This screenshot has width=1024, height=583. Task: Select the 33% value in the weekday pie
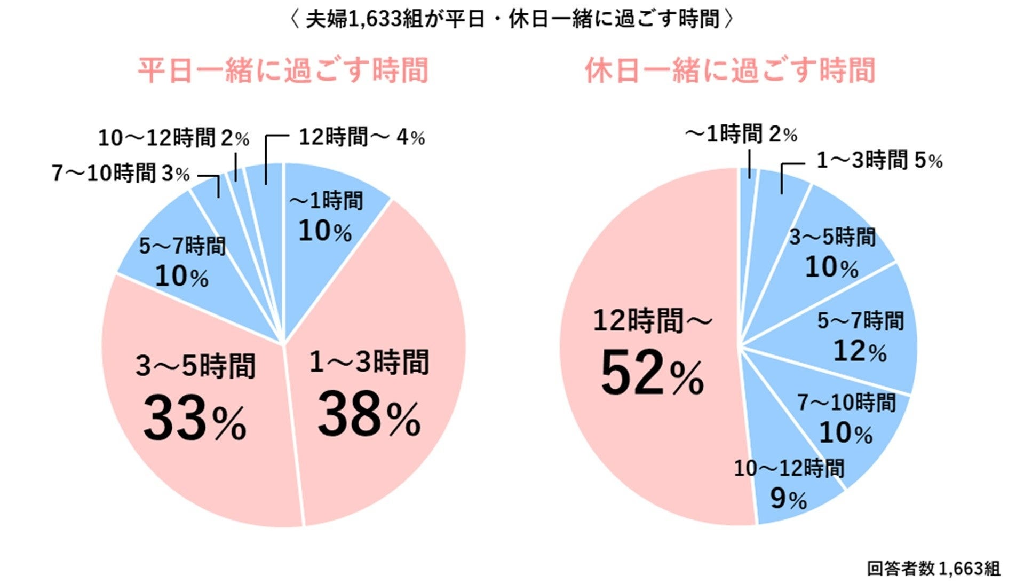pyautogui.click(x=195, y=419)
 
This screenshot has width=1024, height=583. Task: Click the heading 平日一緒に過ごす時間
pyautogui.click(x=283, y=70)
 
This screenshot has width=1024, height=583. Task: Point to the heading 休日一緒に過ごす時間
pyautogui.click(x=730, y=70)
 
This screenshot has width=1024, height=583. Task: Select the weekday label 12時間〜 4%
pyautogui.click(x=361, y=138)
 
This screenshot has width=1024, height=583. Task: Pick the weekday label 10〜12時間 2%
pyautogui.click(x=173, y=138)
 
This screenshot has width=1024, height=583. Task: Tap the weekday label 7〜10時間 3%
pyautogui.click(x=121, y=174)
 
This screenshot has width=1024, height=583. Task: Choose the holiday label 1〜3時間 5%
pyautogui.click(x=879, y=160)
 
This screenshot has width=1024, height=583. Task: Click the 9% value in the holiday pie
pyautogui.click(x=788, y=499)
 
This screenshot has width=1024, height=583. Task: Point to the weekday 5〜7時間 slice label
pyautogui.click(x=182, y=246)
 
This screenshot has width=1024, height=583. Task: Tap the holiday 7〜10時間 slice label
pyautogui.click(x=846, y=403)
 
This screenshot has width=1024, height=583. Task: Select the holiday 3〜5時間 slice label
pyautogui.click(x=832, y=237)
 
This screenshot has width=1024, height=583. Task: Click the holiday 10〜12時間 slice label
pyautogui.click(x=789, y=469)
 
